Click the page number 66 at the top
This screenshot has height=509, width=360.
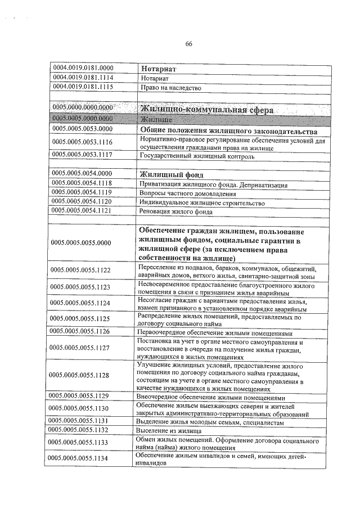click(189, 44)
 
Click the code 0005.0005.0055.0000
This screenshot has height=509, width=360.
click(81, 243)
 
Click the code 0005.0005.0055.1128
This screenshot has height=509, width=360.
click(81, 375)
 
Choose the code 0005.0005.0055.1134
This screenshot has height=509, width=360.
click(81, 459)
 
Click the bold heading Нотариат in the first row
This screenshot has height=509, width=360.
click(159, 69)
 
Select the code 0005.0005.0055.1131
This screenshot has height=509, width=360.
click(81, 421)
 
